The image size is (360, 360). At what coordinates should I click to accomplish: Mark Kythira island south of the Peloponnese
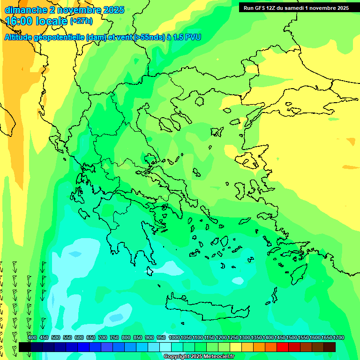(x=150, y=271)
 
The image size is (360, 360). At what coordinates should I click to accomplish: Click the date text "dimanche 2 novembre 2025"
(x=64, y=10)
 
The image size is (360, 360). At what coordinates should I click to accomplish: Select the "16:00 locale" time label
(x=37, y=21)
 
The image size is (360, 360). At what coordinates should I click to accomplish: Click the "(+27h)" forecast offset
(x=81, y=22)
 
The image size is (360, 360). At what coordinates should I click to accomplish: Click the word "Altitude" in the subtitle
(x=21, y=37)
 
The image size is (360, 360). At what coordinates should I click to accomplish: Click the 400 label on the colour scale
(x=32, y=338)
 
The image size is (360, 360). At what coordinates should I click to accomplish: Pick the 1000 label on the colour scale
(x=174, y=338)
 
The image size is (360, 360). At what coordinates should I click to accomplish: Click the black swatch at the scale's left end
(x=24, y=347)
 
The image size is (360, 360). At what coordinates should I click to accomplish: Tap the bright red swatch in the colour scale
(x=283, y=347)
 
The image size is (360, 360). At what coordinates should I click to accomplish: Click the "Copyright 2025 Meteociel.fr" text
(x=199, y=357)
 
